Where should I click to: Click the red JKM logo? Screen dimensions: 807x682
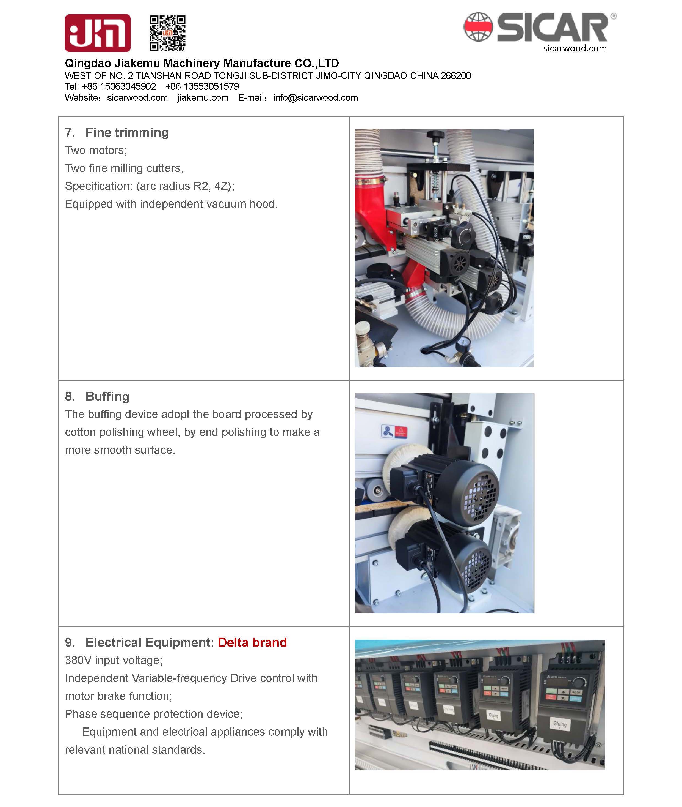(x=97, y=33)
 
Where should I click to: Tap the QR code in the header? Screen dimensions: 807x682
(x=167, y=33)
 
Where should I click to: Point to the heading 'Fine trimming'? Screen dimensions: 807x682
(x=127, y=132)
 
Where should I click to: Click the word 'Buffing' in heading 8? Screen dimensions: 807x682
(x=107, y=396)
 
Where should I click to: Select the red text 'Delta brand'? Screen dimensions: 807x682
(x=252, y=642)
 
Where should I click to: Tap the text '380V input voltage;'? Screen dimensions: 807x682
(x=114, y=660)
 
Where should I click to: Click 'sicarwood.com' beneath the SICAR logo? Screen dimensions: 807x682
(x=575, y=48)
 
